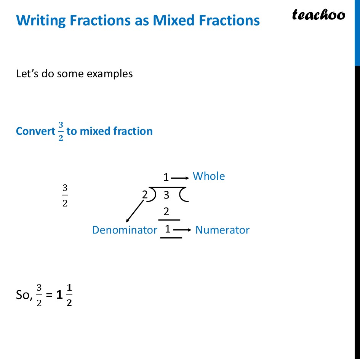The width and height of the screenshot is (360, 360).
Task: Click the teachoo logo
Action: point(318,15)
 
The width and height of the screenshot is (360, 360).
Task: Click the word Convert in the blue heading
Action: point(36,131)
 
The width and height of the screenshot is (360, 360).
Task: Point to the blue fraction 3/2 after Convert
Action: point(61,131)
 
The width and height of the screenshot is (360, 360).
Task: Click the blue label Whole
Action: point(209,176)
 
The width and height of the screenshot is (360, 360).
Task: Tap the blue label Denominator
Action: point(125,230)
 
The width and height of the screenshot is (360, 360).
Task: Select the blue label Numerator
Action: point(222,230)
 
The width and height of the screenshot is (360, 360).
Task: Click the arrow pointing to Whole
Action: point(180,178)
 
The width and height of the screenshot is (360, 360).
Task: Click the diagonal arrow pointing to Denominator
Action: point(135,211)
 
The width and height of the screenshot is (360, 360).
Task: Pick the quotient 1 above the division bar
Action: point(166,178)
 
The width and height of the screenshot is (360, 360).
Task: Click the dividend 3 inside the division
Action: point(166,195)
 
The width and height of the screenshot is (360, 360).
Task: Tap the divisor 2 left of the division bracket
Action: point(145,195)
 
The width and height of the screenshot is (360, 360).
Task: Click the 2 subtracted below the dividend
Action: point(166,211)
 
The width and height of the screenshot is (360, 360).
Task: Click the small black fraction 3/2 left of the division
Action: point(65,195)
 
